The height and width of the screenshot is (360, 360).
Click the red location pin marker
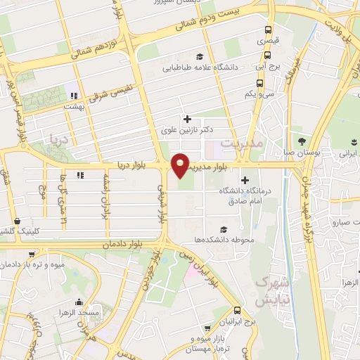[181, 165]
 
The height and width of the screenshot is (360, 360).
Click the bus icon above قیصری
[268, 30]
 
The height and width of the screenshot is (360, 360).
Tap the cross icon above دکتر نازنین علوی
[186, 119]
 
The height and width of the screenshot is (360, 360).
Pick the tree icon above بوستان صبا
[303, 140]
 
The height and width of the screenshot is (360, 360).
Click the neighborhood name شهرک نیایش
[262, 291]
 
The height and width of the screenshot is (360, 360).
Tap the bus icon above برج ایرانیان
[237, 310]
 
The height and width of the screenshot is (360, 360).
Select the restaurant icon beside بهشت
[72, 95]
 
